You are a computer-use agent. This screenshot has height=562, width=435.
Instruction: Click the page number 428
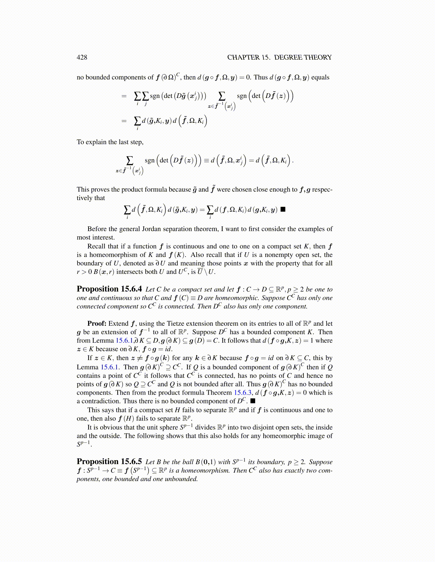tap(82, 57)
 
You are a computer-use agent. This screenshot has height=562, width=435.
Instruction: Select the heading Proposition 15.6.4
tap(109, 289)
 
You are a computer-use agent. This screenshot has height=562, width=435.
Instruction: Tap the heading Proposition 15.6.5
tap(109, 462)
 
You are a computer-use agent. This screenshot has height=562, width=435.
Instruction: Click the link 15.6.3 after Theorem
tap(243, 393)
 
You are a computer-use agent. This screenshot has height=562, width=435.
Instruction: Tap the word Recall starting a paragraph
tap(97, 246)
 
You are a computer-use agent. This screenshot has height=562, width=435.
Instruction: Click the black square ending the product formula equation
tap(283, 209)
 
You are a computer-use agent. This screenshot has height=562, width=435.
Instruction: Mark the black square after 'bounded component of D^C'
tap(253, 401)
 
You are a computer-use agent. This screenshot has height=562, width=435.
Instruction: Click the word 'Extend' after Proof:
tap(118, 324)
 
